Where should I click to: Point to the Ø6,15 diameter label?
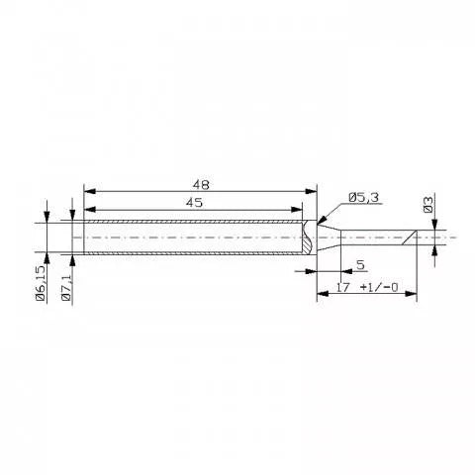(x=41, y=284)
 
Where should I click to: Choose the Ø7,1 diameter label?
(x=66, y=287)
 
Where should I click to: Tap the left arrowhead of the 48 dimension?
(x=88, y=191)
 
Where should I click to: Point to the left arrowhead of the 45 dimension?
(x=88, y=209)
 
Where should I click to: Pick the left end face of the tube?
(x=83, y=238)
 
